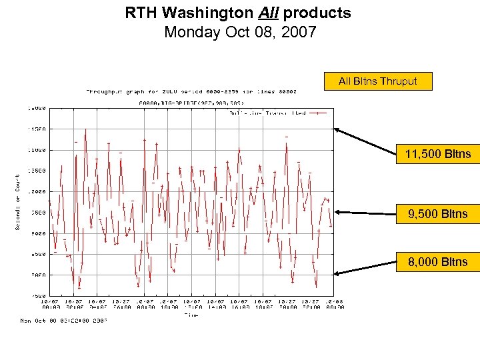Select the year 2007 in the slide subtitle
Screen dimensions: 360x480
point(299,32)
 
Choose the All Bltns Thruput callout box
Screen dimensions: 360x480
point(377,81)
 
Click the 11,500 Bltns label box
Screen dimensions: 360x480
point(437,154)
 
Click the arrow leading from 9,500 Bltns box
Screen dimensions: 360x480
point(367,213)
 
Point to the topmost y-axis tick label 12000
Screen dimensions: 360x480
point(37,107)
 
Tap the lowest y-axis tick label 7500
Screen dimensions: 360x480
point(37,295)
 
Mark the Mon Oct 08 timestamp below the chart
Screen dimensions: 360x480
point(63,321)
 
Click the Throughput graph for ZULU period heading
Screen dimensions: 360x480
point(191,91)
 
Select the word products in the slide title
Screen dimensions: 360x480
point(317,13)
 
